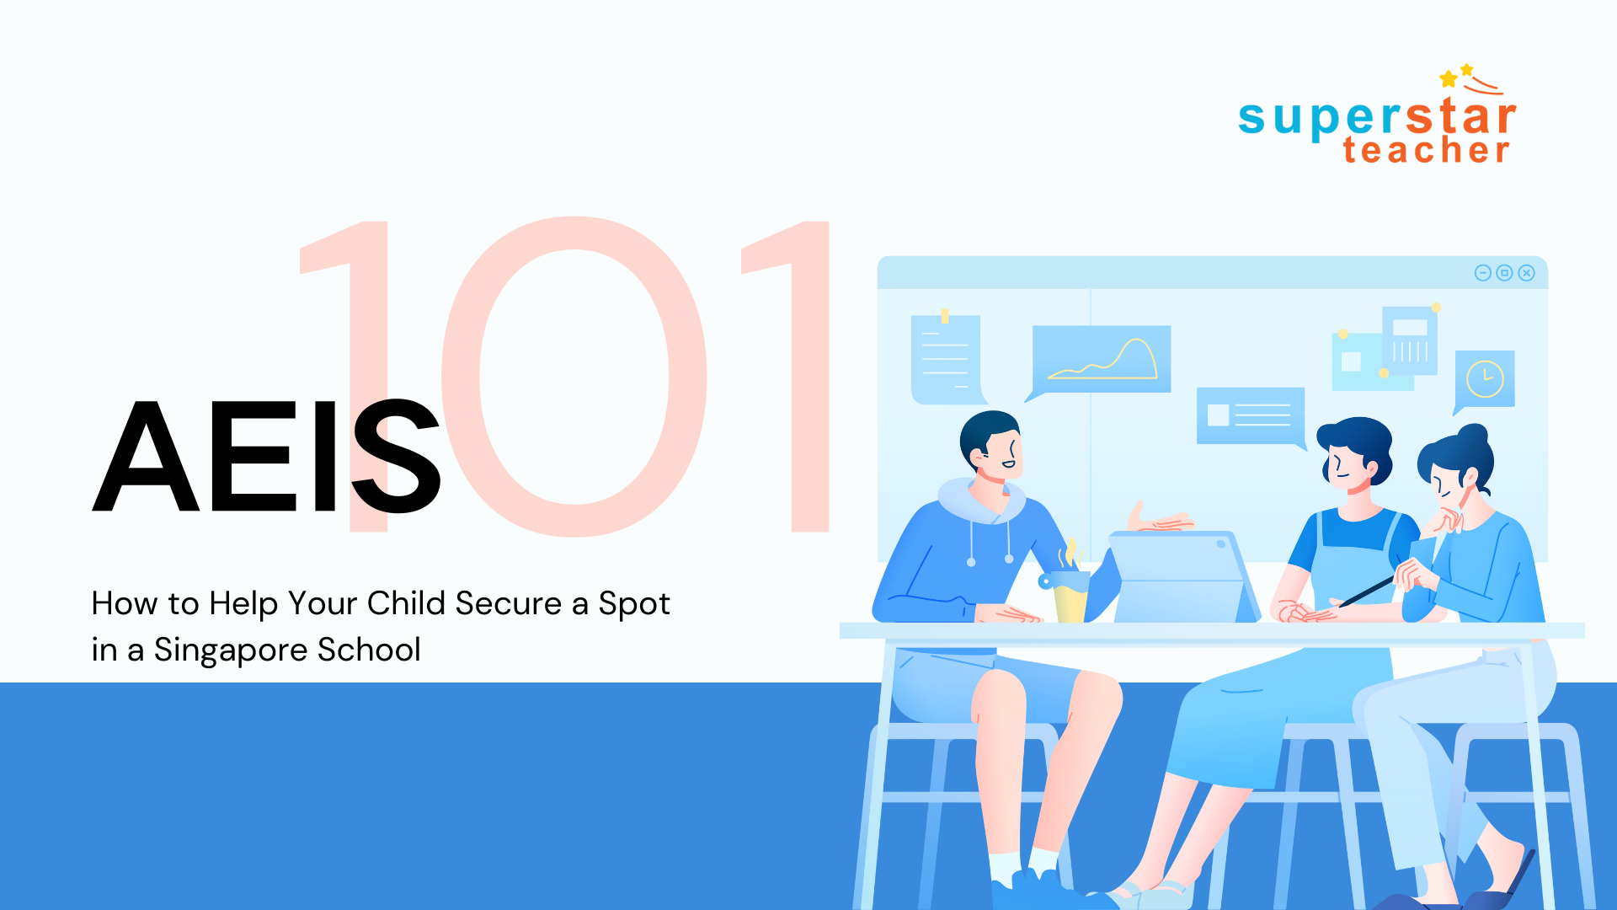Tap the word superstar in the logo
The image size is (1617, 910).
(x=1377, y=117)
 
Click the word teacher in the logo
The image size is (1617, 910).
(x=1426, y=150)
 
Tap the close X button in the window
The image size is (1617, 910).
(x=1527, y=273)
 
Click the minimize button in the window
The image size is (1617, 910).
(x=1483, y=273)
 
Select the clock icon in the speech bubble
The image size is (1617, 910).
(x=1485, y=378)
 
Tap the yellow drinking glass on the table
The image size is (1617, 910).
(x=1070, y=597)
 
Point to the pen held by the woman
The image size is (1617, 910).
(x=1368, y=591)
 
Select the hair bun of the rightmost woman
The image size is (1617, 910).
(x=1473, y=436)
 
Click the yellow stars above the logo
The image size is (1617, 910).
(x=1457, y=75)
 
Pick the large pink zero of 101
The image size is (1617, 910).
(x=574, y=375)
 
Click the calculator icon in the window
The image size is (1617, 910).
(x=1409, y=340)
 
